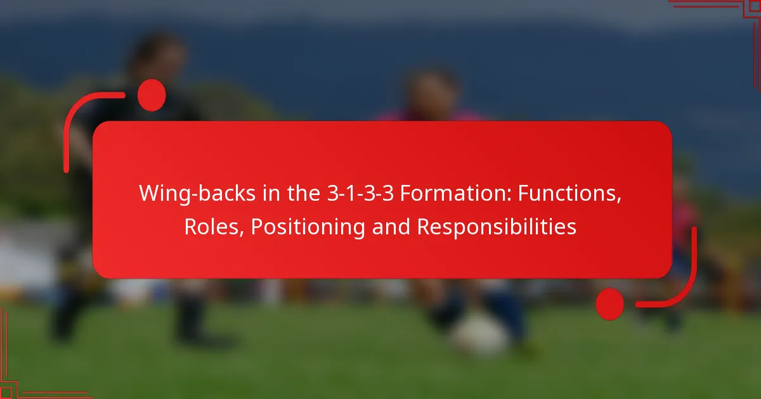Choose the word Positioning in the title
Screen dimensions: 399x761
[308, 227]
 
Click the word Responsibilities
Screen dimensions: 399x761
[497, 227]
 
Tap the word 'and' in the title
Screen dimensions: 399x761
[391, 227]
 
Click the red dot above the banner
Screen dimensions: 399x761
[152, 96]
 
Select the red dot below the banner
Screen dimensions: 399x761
[609, 303]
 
